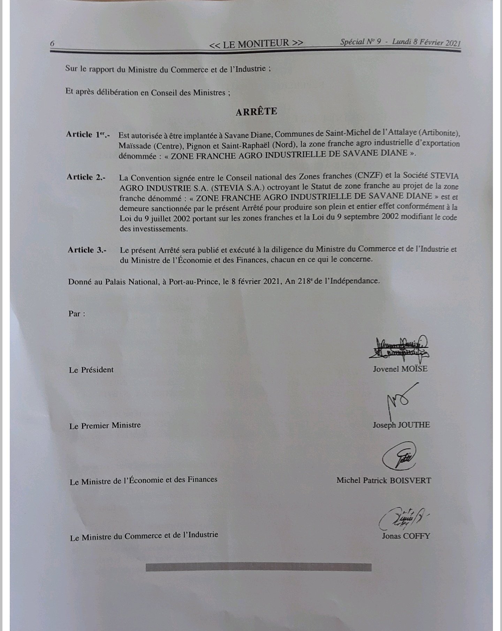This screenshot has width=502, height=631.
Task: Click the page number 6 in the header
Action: tap(52, 44)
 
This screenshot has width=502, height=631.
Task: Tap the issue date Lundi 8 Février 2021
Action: tap(426, 42)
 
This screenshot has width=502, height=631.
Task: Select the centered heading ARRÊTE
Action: tap(256, 112)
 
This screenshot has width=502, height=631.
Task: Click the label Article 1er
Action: tap(88, 135)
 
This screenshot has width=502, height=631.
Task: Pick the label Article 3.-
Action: tap(87, 250)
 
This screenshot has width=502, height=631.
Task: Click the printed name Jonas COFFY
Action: tap(406, 536)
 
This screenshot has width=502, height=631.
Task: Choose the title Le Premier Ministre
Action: tap(105, 425)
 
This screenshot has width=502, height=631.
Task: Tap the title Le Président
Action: tap(91, 370)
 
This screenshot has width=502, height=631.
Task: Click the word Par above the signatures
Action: tap(76, 313)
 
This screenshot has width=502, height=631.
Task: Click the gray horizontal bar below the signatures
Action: tap(258, 567)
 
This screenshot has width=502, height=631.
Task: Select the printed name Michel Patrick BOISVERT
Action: tap(383, 481)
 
